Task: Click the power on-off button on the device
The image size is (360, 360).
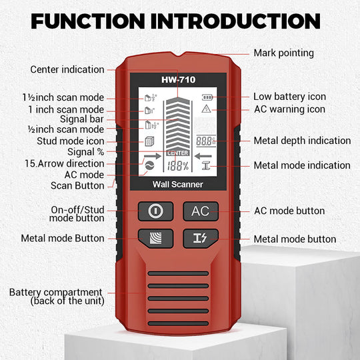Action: [x=155, y=211]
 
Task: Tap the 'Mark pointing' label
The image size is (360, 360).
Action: [x=283, y=53]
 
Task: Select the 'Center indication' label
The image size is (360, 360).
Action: [x=67, y=69]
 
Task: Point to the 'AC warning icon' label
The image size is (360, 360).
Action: [x=289, y=109]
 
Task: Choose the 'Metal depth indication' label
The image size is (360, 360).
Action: [x=302, y=141]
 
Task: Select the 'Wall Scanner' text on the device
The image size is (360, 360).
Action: [x=177, y=184]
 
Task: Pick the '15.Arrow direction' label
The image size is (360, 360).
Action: [x=64, y=163]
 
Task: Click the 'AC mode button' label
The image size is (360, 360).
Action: [x=289, y=211]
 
